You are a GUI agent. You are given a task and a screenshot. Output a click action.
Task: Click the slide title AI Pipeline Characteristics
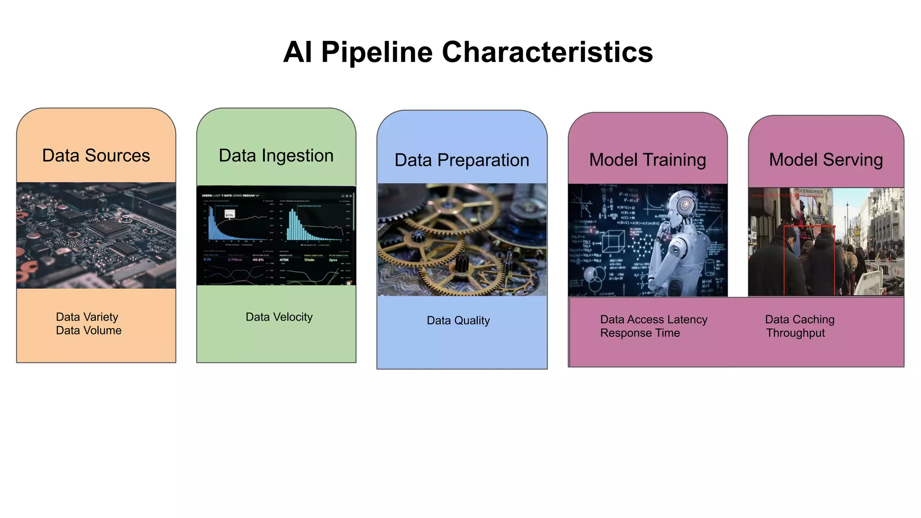click(x=468, y=52)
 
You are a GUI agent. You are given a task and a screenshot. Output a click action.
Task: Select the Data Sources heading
click(x=96, y=156)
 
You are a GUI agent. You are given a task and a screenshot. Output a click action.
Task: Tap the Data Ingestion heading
click(x=276, y=156)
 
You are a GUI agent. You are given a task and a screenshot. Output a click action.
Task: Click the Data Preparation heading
click(x=462, y=160)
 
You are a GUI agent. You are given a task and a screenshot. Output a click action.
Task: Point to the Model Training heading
click(x=648, y=160)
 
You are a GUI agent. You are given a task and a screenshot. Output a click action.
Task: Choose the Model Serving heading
click(x=826, y=160)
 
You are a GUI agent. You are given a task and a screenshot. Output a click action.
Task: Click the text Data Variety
click(x=87, y=317)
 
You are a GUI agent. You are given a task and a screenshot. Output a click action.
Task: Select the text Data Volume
click(x=89, y=330)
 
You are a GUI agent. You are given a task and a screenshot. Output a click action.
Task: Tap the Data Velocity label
click(x=279, y=317)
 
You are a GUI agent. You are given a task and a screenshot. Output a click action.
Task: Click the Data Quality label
click(x=458, y=321)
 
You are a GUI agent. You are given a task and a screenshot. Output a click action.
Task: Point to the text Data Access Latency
click(x=653, y=320)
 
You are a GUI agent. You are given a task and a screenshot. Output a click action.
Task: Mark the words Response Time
click(x=640, y=333)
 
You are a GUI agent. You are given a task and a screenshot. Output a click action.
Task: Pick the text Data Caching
click(x=800, y=320)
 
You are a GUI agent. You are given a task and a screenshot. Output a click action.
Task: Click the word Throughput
click(x=796, y=333)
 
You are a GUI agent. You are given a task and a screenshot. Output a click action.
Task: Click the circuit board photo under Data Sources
click(x=96, y=235)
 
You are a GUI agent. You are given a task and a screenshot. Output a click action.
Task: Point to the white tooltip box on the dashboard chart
click(x=229, y=215)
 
